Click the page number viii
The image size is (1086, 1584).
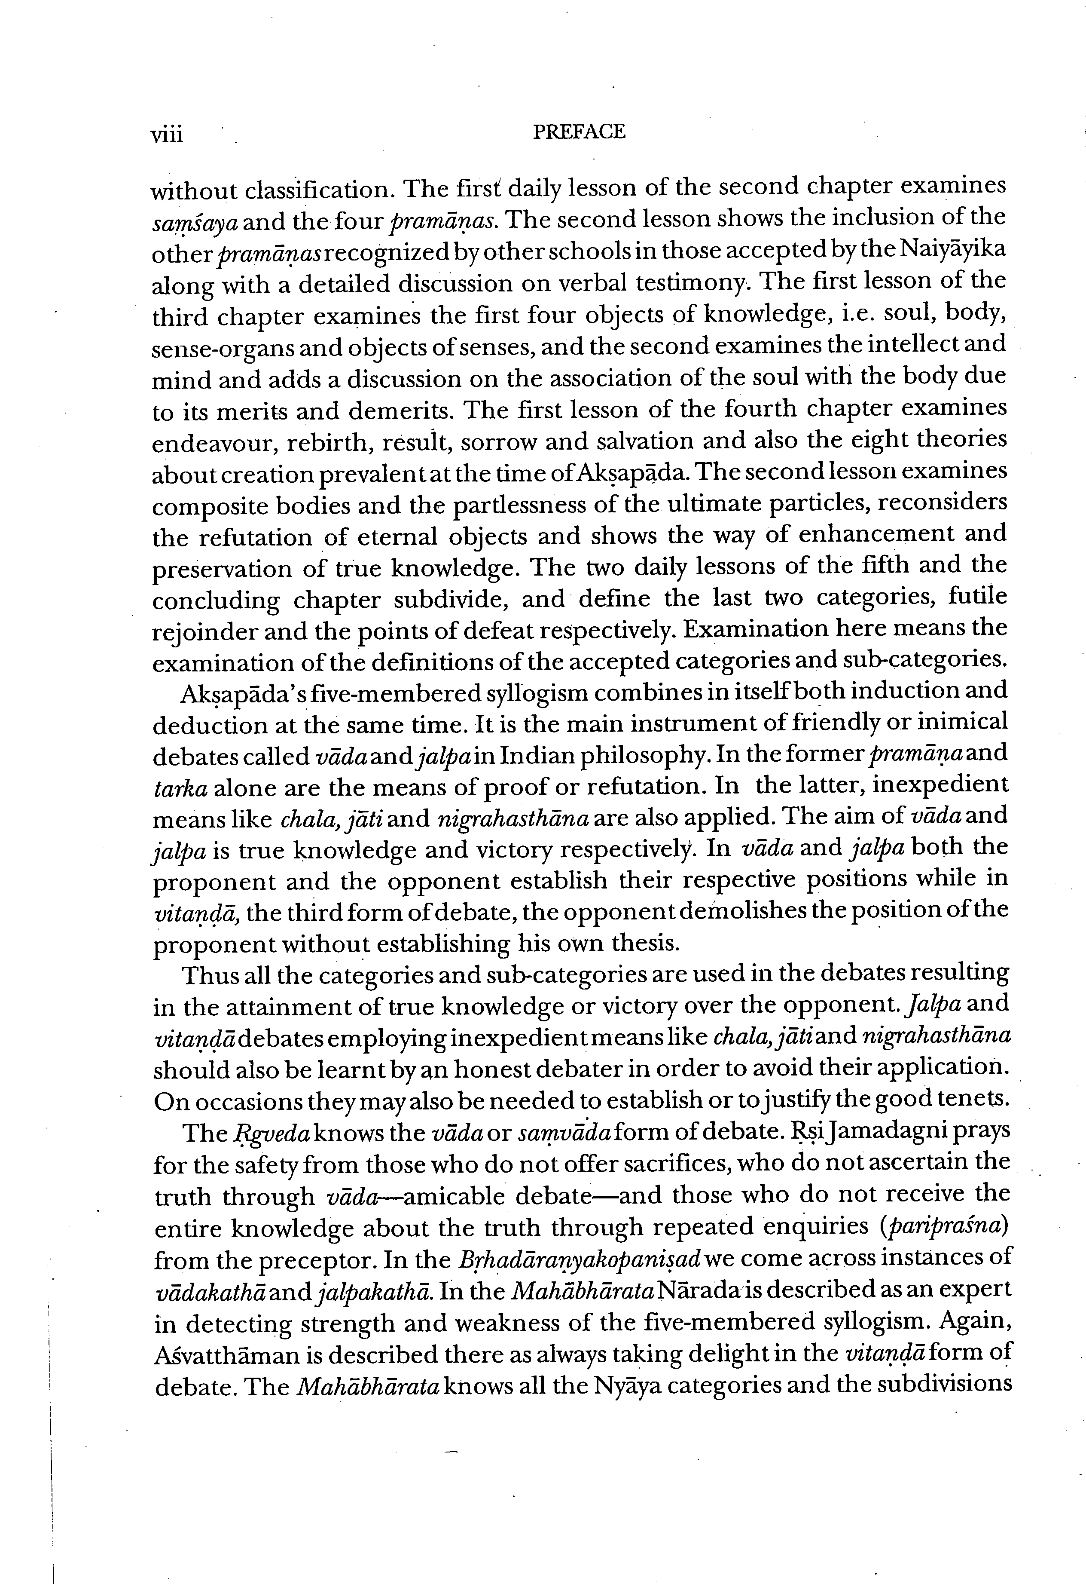(x=167, y=134)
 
